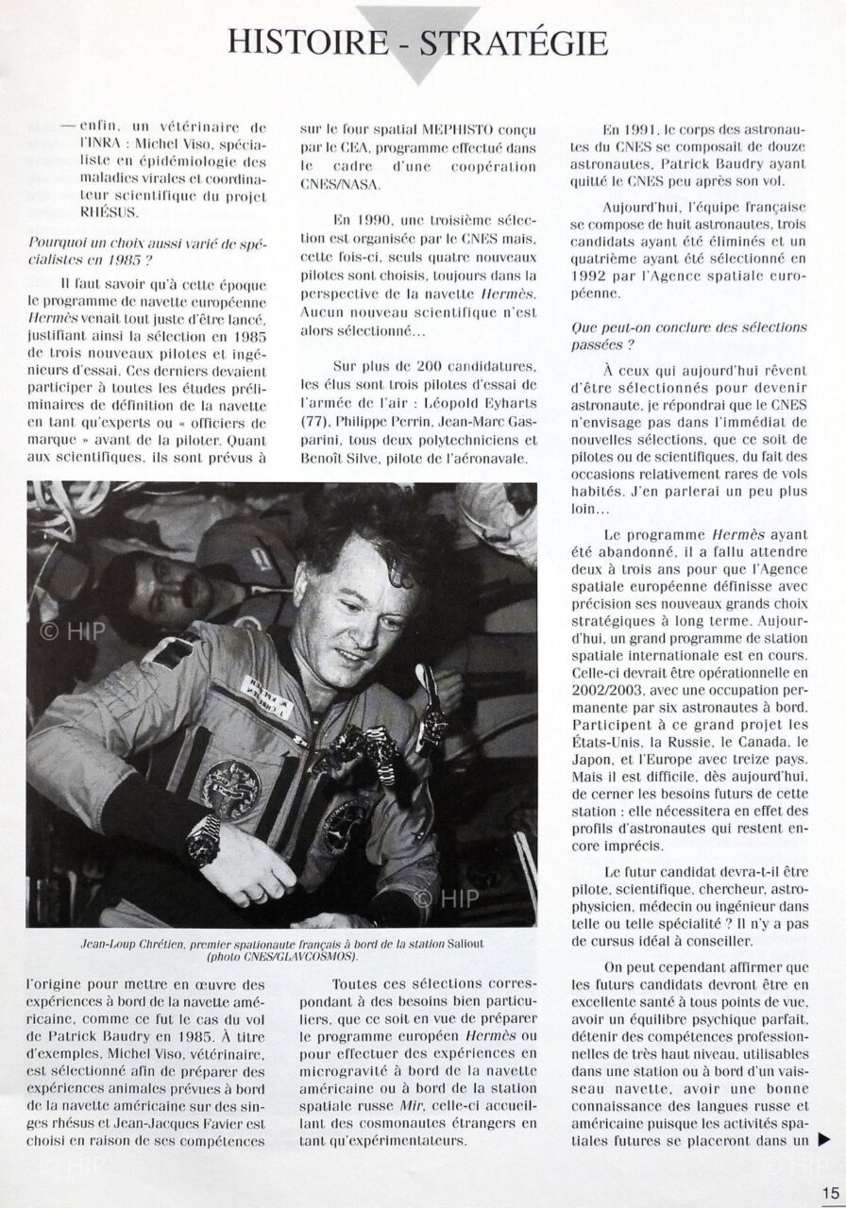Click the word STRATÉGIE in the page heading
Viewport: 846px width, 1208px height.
(x=521, y=42)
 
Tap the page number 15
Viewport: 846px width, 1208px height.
(x=830, y=1193)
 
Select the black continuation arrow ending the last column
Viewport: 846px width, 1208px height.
(x=824, y=1139)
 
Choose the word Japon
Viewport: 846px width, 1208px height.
(x=594, y=758)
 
